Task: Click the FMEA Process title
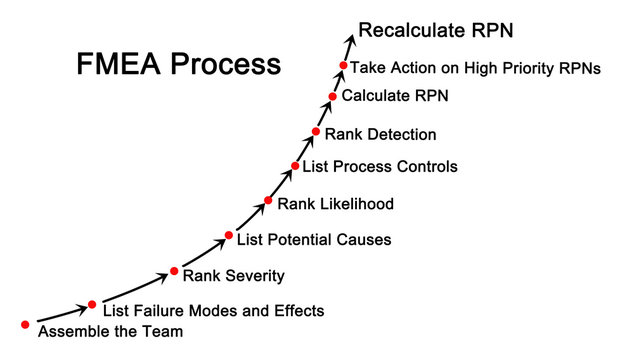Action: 179,65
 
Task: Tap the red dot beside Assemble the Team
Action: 25,324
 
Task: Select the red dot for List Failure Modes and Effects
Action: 92,304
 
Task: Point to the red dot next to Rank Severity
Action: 174,271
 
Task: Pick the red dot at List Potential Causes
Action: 228,236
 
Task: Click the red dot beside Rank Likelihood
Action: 268,200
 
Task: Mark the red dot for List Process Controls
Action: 295,165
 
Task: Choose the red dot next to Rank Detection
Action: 316,131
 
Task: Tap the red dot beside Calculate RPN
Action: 333,97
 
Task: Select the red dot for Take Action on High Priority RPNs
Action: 343,66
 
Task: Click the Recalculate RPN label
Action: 435,31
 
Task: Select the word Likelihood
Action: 357,204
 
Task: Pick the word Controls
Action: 423,167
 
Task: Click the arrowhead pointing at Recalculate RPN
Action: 351,39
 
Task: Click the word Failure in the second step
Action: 159,311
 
